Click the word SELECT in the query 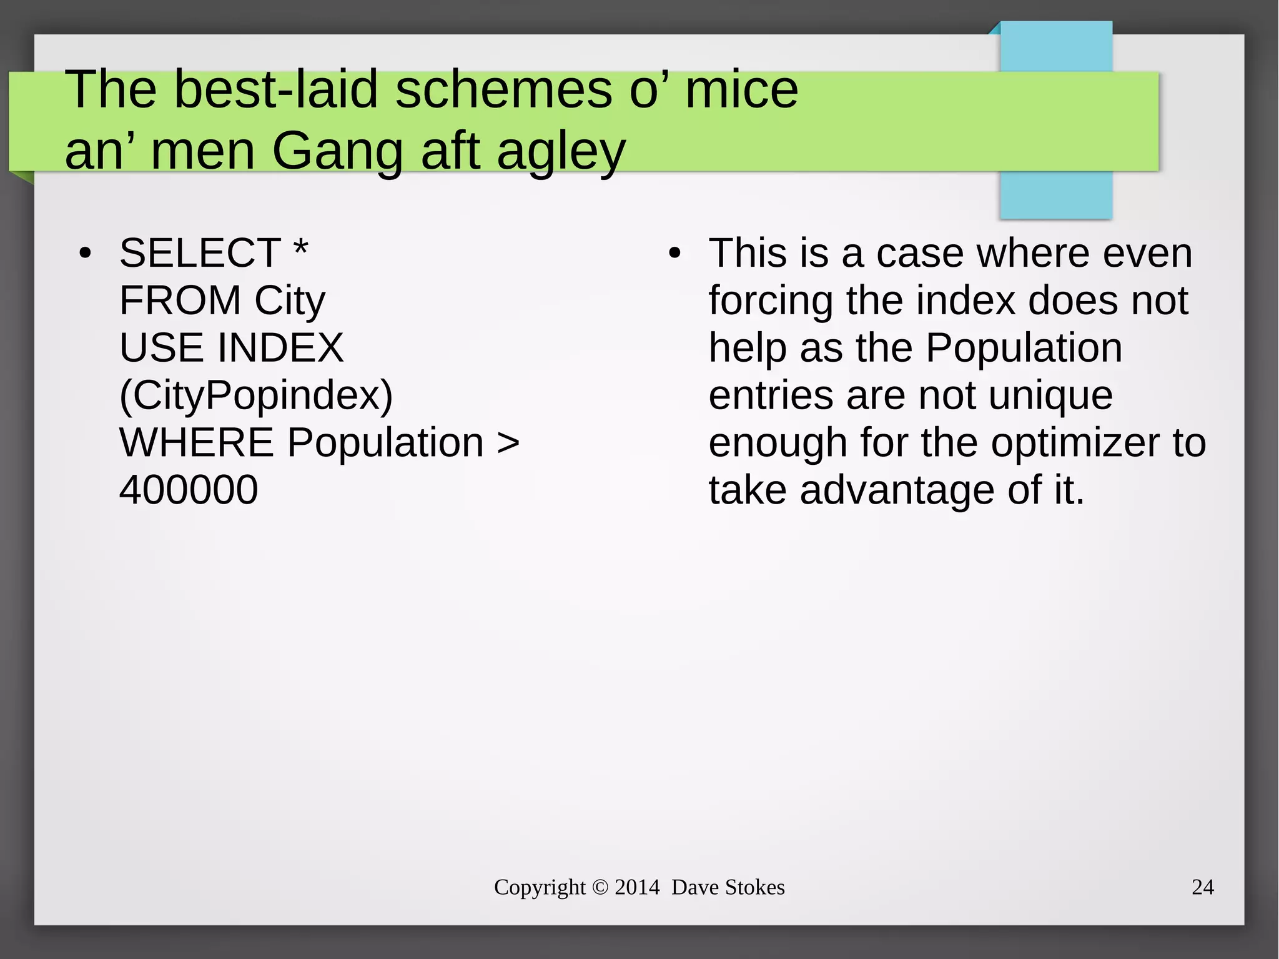[200, 254]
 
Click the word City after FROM [290, 301]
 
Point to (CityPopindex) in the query [256, 396]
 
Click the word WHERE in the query [196, 443]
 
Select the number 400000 [189, 490]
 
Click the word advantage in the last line [897, 490]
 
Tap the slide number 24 [1202, 887]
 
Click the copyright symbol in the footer [600, 887]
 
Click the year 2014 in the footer [637, 887]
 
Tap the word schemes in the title [504, 90]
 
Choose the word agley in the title [561, 152]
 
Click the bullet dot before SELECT [85, 254]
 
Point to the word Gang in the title [338, 152]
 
